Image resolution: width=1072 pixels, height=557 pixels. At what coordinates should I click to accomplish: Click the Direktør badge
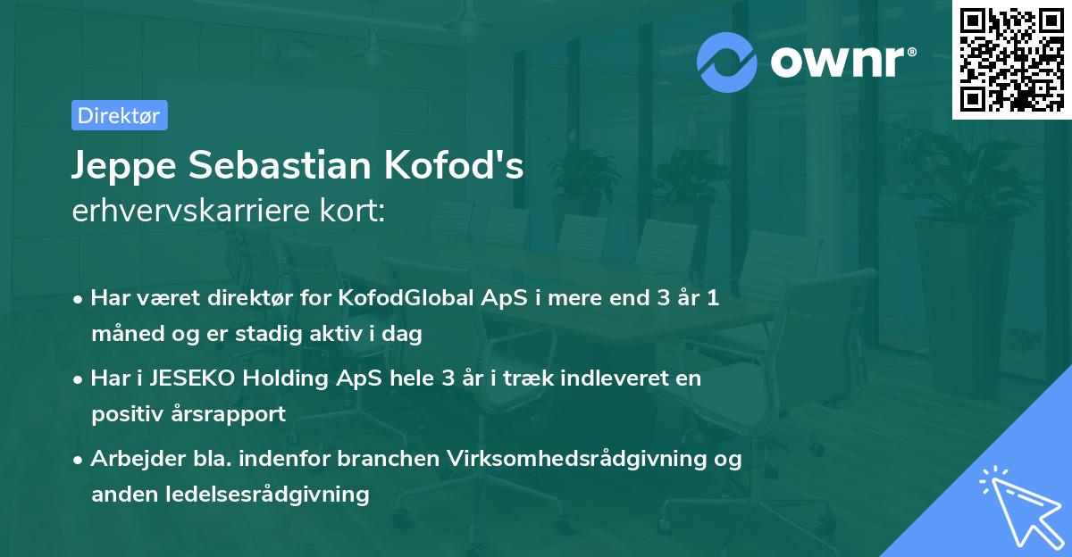119,115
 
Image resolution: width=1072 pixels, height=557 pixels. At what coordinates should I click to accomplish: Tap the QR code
1011,60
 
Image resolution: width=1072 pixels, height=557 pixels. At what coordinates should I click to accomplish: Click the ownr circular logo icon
727,62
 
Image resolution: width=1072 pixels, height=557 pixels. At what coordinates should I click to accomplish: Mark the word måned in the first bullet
122,334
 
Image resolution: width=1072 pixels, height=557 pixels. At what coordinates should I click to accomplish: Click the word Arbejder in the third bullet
130,459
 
